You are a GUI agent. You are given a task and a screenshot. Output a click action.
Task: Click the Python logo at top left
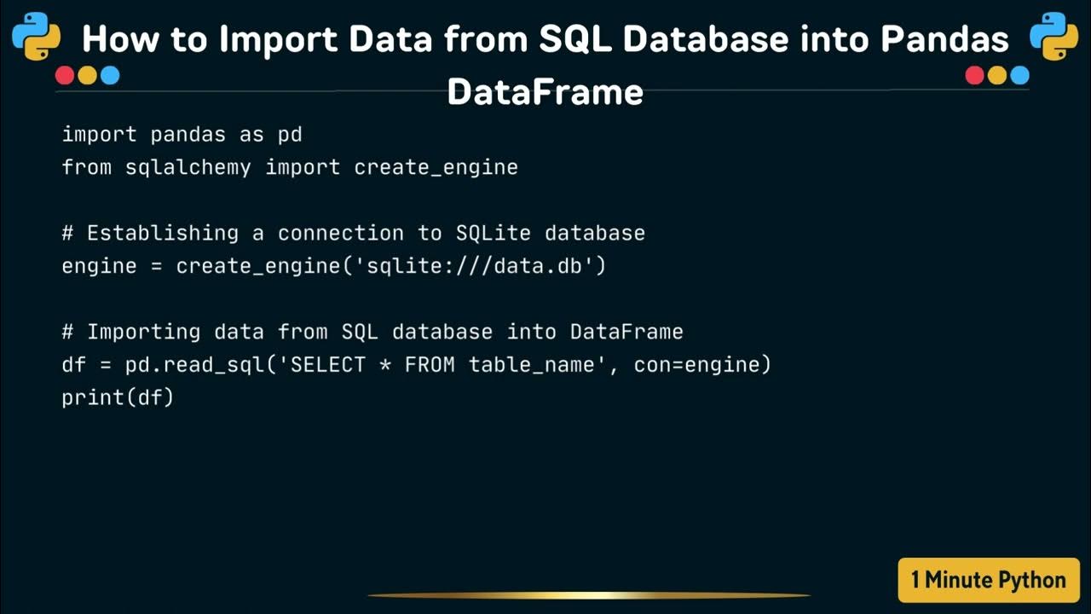point(36,36)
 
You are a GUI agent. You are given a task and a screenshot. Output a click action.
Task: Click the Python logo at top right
point(1053,36)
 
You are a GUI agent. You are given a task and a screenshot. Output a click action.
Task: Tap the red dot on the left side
point(65,76)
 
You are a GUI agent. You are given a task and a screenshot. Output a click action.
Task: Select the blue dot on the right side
point(1019,76)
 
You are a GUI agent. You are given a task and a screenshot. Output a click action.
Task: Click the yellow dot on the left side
point(87,76)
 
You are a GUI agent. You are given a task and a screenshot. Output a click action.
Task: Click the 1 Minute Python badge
point(989,581)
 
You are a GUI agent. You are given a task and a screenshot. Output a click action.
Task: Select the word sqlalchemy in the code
point(188,167)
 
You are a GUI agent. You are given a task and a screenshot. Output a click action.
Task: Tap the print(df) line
point(118,397)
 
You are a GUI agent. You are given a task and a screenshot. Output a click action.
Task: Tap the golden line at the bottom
point(588,595)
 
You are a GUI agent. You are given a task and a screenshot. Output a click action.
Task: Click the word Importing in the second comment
point(144,332)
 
